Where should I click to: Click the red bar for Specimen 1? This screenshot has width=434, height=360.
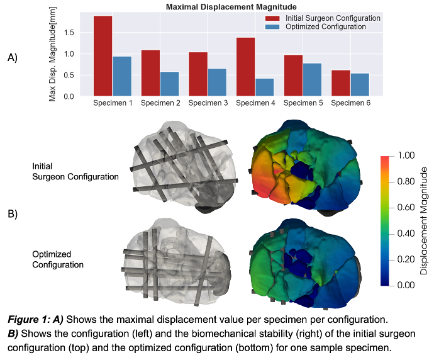tap(103, 56)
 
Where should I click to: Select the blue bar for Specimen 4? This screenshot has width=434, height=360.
tap(264, 87)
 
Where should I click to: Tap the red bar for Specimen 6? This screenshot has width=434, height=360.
tap(340, 83)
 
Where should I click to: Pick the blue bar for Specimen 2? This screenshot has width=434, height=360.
tap(170, 84)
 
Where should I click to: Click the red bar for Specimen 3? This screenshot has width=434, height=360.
tap(198, 74)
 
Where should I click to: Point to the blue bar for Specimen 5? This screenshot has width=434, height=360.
tap(311, 80)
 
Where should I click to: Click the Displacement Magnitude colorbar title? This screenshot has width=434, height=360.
tap(424, 220)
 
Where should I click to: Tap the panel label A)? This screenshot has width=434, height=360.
tap(13, 57)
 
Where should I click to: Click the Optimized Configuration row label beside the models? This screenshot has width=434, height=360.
tap(58, 259)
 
